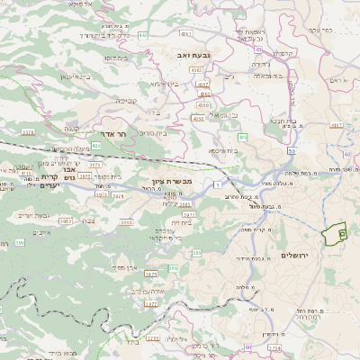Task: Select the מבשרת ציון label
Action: (x=173, y=182)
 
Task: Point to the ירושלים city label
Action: (x=294, y=256)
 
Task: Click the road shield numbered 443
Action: (x=144, y=35)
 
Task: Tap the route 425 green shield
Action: (x=96, y=145)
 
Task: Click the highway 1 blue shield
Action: (x=218, y=184)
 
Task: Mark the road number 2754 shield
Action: (x=274, y=346)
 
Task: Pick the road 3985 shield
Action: (x=185, y=204)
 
